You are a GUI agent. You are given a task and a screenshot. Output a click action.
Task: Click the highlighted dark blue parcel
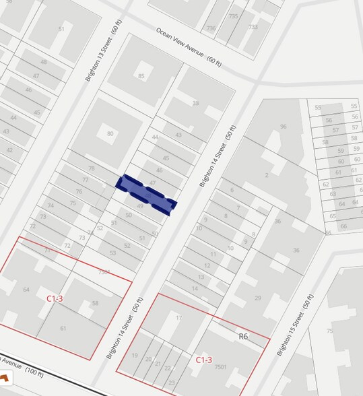[147, 193]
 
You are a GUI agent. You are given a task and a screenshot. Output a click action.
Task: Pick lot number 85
[141, 76]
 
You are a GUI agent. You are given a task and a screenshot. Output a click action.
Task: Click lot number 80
[110, 134]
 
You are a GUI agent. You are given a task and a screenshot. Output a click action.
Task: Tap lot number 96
[283, 127]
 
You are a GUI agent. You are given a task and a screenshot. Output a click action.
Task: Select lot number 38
[196, 103]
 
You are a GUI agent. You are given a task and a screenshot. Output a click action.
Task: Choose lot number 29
[257, 298]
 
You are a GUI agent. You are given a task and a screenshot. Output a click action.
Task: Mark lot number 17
[179, 318]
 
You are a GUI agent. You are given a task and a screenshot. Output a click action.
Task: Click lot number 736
[211, 28]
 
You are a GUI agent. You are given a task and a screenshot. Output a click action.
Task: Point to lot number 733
[253, 27]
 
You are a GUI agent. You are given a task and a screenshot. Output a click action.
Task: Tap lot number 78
[92, 168]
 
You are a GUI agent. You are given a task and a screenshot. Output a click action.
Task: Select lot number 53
[112, 253]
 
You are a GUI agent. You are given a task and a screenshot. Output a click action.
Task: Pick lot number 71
[47, 251]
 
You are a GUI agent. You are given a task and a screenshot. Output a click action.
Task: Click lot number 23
[171, 383]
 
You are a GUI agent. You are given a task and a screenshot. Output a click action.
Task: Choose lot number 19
[135, 356]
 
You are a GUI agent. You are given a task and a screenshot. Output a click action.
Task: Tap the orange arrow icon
[5, 380]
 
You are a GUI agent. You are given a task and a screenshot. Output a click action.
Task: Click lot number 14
[195, 288]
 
